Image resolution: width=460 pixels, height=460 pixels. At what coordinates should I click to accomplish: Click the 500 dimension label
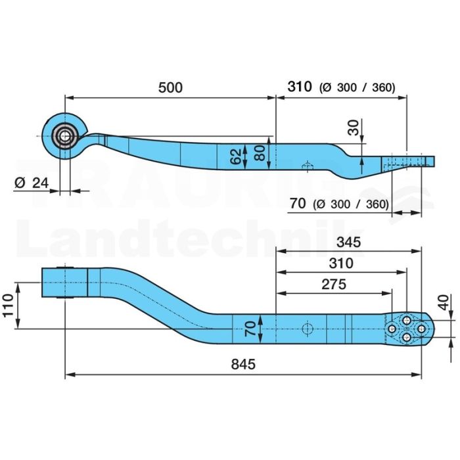(170, 87)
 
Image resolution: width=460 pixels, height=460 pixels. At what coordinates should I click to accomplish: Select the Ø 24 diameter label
(32, 183)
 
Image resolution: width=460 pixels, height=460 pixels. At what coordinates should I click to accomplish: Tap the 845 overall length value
(243, 364)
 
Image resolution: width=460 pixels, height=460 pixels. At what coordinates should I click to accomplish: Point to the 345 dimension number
(348, 242)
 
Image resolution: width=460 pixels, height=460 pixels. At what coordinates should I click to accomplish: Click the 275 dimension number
(334, 285)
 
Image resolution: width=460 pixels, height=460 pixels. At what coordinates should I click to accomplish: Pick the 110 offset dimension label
(8, 306)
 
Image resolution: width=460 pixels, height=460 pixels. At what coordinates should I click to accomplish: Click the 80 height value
(260, 153)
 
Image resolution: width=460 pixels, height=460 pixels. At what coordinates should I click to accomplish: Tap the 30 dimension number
(353, 127)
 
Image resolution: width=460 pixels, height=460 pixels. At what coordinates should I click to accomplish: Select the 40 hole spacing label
(444, 302)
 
